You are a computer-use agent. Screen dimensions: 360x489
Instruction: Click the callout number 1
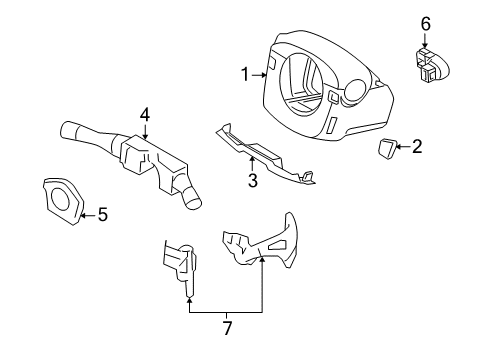pyautogui.click(x=244, y=73)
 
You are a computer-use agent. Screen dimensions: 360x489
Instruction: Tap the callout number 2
pyautogui.click(x=417, y=147)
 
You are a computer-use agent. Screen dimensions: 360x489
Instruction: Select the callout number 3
pyautogui.click(x=253, y=180)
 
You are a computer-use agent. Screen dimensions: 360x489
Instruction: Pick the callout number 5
pyautogui.click(x=101, y=213)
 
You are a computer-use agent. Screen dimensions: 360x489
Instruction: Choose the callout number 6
pyautogui.click(x=425, y=23)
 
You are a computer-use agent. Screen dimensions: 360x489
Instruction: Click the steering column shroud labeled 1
pyautogui.click(x=320, y=90)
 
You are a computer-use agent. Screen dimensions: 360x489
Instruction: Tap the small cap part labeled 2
pyautogui.click(x=387, y=149)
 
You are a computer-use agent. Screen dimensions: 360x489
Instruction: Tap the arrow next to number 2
pyautogui.click(x=403, y=147)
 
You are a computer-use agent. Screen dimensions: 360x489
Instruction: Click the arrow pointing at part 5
pyautogui.click(x=87, y=213)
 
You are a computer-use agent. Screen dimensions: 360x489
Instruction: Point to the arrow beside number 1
pyautogui.click(x=261, y=72)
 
